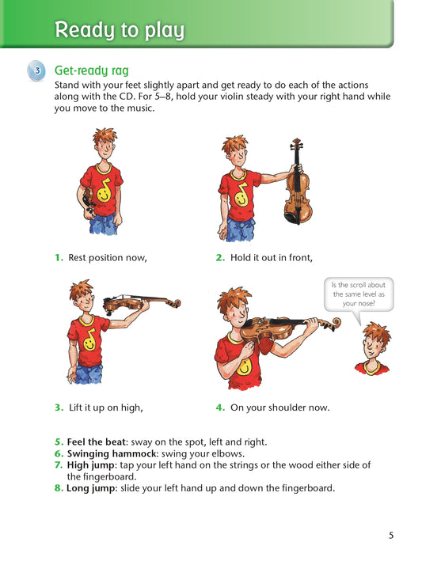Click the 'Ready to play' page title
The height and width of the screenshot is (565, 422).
pos(120,30)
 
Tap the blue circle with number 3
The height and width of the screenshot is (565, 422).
pos(36,70)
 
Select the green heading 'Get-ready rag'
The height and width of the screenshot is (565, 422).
pos(92,70)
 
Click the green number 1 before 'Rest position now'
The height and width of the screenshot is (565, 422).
pos(59,258)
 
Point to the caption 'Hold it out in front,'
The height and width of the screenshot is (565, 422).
pos(272,258)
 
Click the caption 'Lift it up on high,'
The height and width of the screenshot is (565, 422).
pos(106,408)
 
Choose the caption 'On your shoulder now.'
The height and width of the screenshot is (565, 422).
pos(280,408)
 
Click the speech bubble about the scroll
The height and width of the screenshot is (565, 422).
pos(359,294)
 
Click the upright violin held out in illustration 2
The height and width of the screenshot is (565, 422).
pos(297,182)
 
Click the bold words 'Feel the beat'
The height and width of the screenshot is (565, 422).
pos(97,442)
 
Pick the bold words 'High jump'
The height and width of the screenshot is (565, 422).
pos(92,465)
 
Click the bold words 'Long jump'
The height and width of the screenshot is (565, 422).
pos(92,488)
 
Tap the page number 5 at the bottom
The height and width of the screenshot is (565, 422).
pos(391,536)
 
